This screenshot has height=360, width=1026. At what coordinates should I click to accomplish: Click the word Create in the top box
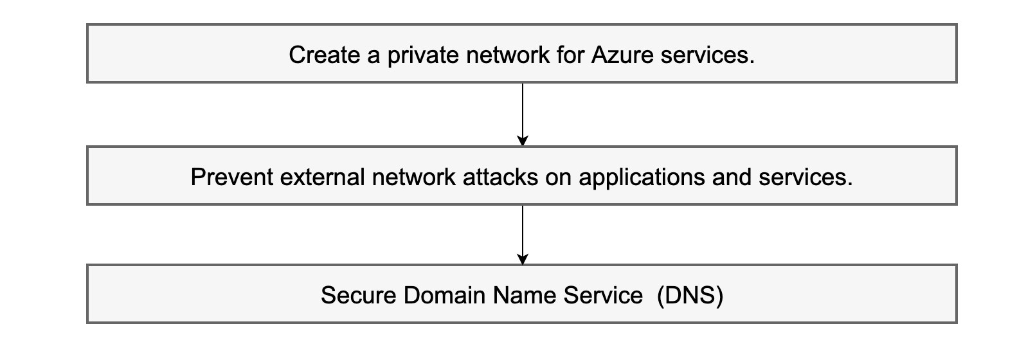[324, 55]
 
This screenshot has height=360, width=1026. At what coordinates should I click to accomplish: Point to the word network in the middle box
[414, 177]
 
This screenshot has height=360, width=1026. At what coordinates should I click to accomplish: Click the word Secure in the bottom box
[358, 296]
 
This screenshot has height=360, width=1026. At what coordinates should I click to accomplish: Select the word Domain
[445, 296]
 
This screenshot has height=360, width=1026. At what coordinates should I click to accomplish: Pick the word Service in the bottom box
[603, 296]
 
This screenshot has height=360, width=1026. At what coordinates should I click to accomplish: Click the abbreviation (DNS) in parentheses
[690, 296]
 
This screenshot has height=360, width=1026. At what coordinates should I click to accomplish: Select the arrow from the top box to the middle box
[523, 113]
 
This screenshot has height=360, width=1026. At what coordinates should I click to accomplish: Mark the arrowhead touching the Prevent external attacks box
[523, 141]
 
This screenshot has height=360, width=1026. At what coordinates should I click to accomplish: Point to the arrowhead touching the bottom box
[523, 259]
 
